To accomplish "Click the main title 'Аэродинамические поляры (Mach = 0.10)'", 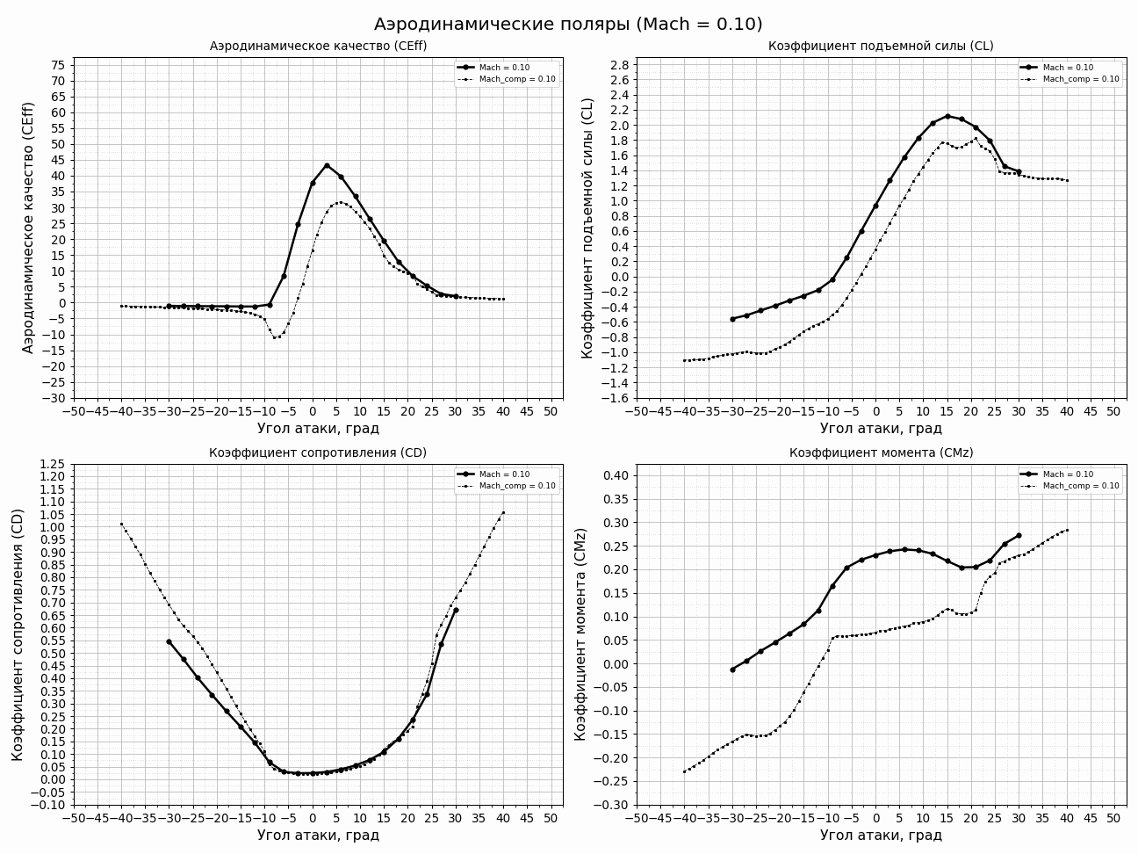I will [568, 25].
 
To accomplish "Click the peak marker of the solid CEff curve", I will [327, 165].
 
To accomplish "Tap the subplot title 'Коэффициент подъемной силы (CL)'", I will [881, 46].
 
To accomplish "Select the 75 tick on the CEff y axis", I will [58, 65].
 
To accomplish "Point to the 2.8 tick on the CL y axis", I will [619, 65].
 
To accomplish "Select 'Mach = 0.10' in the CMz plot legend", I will [1068, 474].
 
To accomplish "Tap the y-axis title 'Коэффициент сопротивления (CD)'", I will [18, 634].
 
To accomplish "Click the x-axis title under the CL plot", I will [881, 429].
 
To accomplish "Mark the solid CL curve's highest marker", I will [947, 116].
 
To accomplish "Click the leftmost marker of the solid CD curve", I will [169, 641].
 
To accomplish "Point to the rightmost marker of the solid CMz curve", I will [1019, 535].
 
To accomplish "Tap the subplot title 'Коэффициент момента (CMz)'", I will [881, 452].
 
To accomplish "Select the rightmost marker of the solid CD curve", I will [456, 610].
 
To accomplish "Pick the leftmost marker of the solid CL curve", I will [732, 319].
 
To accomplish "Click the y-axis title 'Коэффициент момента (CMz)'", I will [580, 634].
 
